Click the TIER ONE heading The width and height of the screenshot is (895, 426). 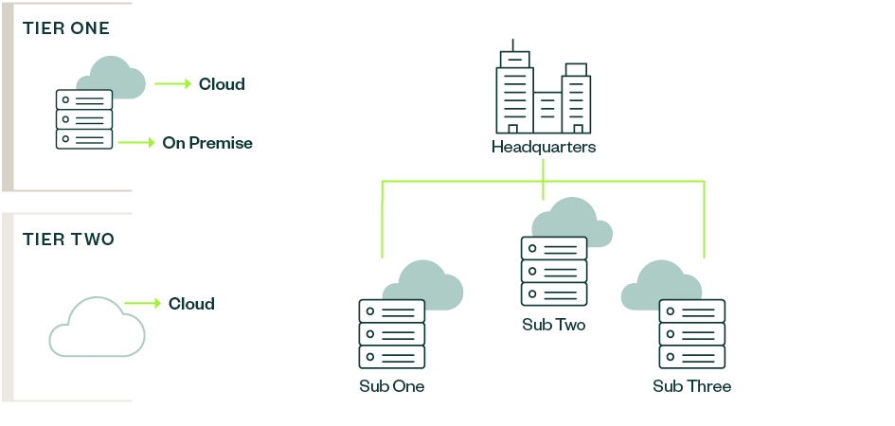66,28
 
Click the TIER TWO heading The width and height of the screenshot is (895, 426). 68,240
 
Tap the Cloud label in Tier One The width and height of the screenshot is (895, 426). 222,84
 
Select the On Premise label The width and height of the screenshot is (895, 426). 207,143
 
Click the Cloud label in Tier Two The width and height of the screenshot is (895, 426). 191,304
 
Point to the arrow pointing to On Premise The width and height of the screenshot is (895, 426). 137,143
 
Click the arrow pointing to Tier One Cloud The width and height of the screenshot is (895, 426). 173,84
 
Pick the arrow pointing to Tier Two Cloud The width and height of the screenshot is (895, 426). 143,304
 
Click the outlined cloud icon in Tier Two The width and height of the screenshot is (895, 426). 97,327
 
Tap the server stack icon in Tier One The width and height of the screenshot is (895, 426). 84,119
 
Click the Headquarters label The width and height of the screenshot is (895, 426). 544,148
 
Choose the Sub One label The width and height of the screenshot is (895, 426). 392,386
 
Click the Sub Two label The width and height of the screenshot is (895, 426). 554,325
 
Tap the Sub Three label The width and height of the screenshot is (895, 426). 692,386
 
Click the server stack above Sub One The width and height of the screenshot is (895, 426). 392,334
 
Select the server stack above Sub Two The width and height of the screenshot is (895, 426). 554,271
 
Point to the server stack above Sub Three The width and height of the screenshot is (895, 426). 692,334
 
